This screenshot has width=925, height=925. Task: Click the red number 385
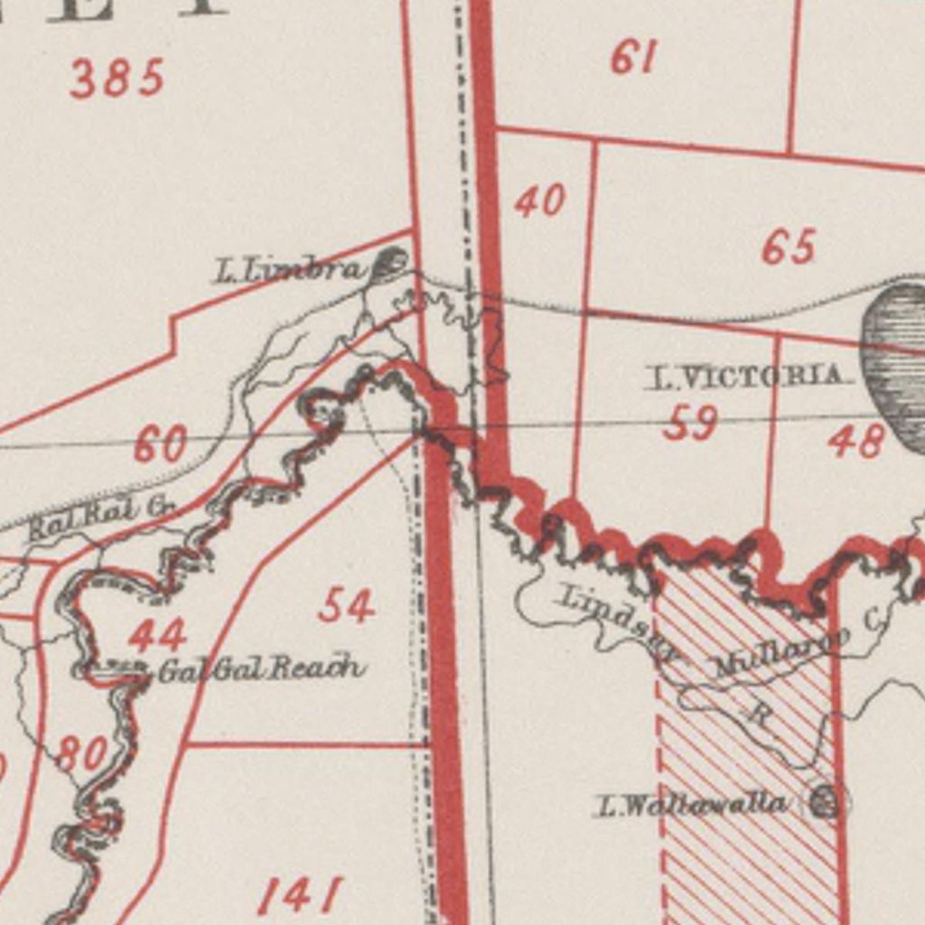point(117,79)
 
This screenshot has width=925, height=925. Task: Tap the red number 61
point(633,58)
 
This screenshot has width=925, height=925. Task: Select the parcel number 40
point(540,201)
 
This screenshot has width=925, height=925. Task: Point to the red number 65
point(789,247)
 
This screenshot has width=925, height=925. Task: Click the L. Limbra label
point(289,269)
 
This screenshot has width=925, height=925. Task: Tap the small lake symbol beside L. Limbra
point(391,263)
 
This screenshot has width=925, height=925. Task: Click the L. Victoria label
point(748,377)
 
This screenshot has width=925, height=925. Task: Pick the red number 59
point(690,423)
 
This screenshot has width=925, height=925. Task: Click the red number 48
point(855,441)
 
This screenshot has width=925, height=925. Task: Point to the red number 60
point(161,444)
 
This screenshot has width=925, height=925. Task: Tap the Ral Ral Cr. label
point(101,517)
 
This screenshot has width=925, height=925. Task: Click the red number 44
point(157,635)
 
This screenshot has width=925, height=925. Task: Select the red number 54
point(346,605)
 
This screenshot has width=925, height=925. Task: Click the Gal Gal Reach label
point(262,669)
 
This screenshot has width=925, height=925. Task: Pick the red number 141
point(300,895)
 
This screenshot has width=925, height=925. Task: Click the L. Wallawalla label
point(691,804)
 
